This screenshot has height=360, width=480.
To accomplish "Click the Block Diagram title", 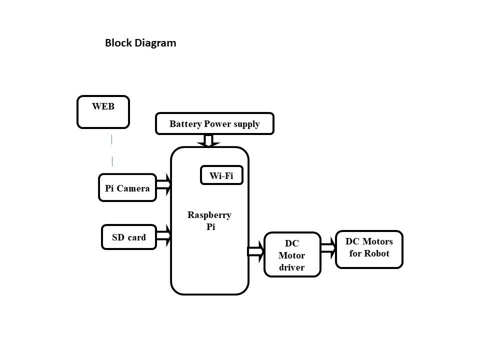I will coord(140,43).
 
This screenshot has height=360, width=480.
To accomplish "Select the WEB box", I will coord(103,111).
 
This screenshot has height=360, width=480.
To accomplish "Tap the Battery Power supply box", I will coord(214,124).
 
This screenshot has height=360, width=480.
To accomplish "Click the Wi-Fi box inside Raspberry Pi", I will coord(221,175).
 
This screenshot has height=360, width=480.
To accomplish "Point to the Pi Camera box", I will coord(127,188).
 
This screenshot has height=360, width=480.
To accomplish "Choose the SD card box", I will coord(128,237).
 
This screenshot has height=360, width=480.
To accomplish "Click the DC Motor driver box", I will coord(291,255).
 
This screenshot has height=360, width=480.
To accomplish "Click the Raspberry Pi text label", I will coord(209,220).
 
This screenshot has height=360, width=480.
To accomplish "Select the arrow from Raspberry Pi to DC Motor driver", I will coord(256,251).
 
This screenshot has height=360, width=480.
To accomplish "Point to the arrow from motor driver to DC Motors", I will coord(328,247).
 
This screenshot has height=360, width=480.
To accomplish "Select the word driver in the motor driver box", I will coord(291,267).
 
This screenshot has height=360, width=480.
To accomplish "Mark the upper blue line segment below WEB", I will coord(111,139).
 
